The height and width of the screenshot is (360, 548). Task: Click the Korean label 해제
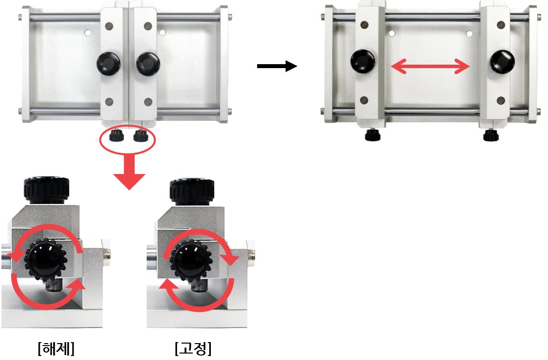coord(56,348)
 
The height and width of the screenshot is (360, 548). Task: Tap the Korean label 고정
coord(193,348)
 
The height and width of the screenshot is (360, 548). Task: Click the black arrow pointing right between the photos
coord(277,66)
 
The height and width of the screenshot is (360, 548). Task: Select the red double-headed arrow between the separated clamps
coord(430,66)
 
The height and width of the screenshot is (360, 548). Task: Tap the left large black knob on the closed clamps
coord(108,64)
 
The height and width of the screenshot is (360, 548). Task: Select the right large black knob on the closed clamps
coord(148,64)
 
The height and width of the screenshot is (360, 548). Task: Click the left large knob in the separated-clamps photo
coord(363,61)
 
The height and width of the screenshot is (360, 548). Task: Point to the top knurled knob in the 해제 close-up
coord(46,190)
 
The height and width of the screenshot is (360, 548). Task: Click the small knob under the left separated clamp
coord(372,135)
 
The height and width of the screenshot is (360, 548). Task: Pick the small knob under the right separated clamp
coord(491,135)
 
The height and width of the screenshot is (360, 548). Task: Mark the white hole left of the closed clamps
coord(88,33)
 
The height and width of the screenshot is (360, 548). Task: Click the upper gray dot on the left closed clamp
coord(109,26)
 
